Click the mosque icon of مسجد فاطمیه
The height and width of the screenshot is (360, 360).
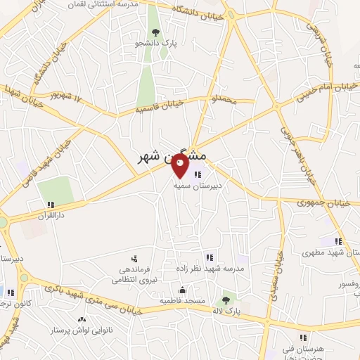(182, 290)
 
